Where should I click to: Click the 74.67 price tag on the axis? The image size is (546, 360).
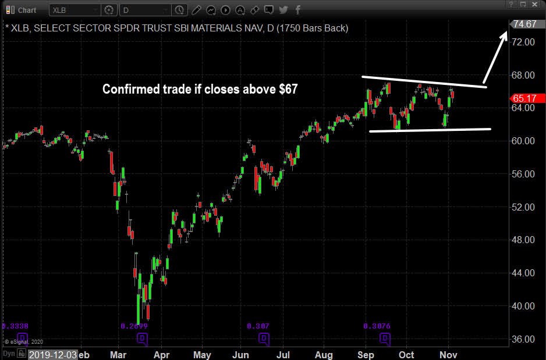[524, 24]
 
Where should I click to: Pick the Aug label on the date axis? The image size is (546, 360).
[324, 354]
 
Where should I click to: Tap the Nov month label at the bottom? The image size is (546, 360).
[448, 354]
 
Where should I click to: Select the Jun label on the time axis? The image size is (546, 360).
[240, 354]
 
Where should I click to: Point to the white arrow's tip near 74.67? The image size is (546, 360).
[505, 33]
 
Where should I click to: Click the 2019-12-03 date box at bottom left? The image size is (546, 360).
[53, 354]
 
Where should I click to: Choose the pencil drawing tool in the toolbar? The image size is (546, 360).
[196, 10]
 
